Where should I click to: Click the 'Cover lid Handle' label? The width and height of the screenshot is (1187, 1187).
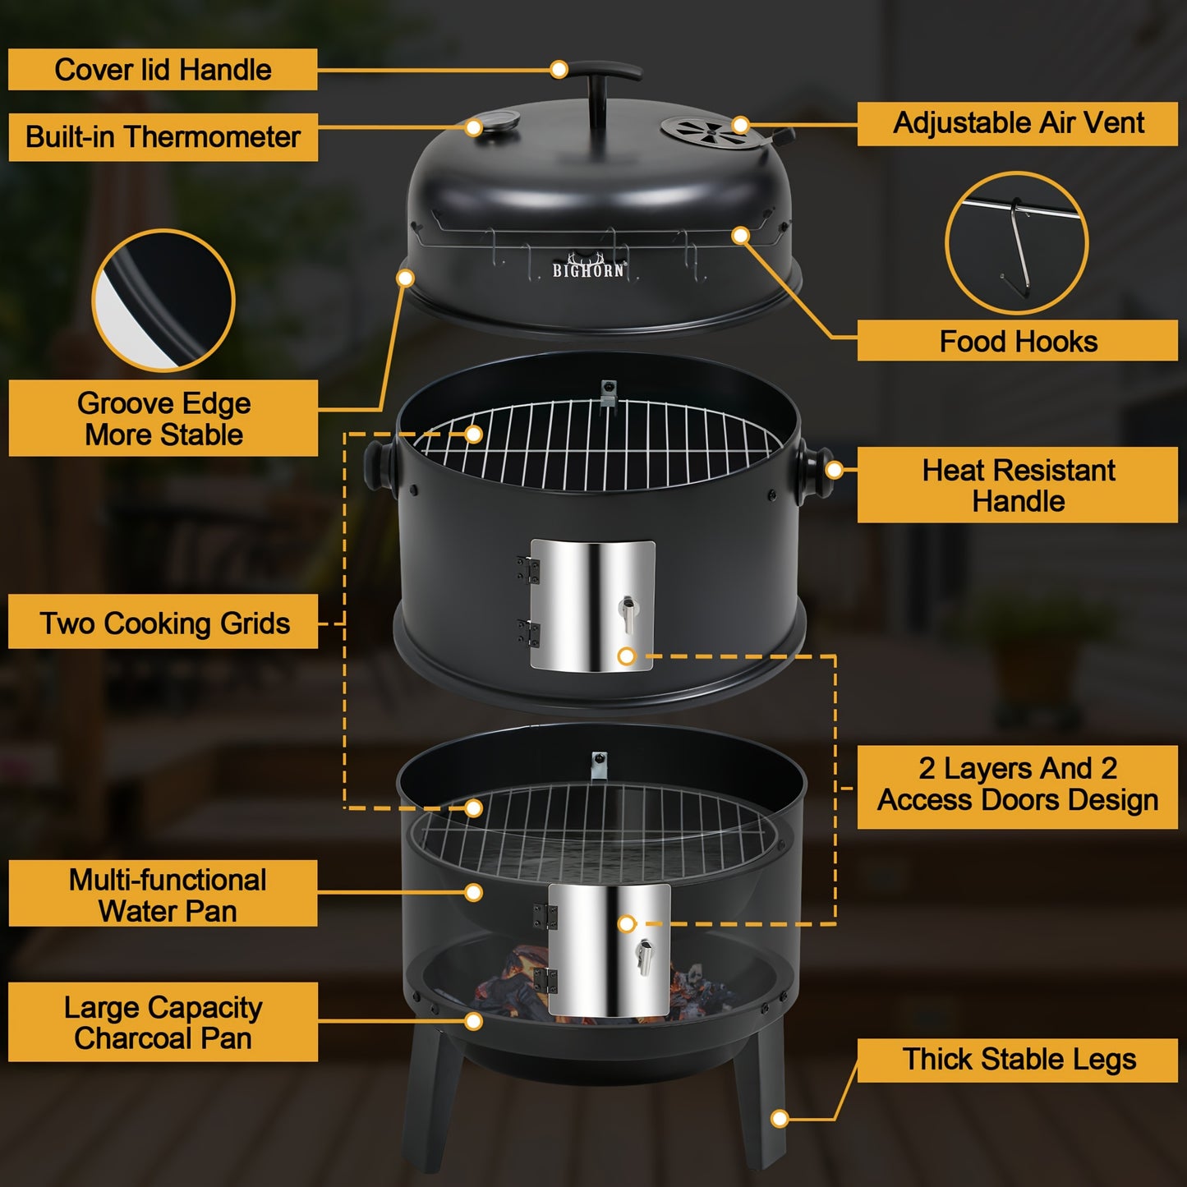tap(163, 70)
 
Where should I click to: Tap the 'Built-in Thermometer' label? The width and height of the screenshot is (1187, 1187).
tap(163, 136)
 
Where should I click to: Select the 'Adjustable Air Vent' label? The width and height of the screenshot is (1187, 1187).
tap(1018, 123)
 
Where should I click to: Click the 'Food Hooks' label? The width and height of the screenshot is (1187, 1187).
tap(1018, 341)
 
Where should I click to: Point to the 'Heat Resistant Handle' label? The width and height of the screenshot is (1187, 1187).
tap(1018, 485)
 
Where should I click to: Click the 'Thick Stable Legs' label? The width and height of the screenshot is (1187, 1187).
tap(1018, 1060)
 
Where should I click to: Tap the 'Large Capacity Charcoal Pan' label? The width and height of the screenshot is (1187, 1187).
tap(163, 1023)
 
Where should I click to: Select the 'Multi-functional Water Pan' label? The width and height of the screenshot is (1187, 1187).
tap(163, 895)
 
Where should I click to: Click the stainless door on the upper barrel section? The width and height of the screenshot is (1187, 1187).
tap(592, 605)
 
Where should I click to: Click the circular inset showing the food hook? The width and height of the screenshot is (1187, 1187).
tap(1016, 243)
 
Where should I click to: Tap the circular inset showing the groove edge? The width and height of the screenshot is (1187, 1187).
tap(163, 301)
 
